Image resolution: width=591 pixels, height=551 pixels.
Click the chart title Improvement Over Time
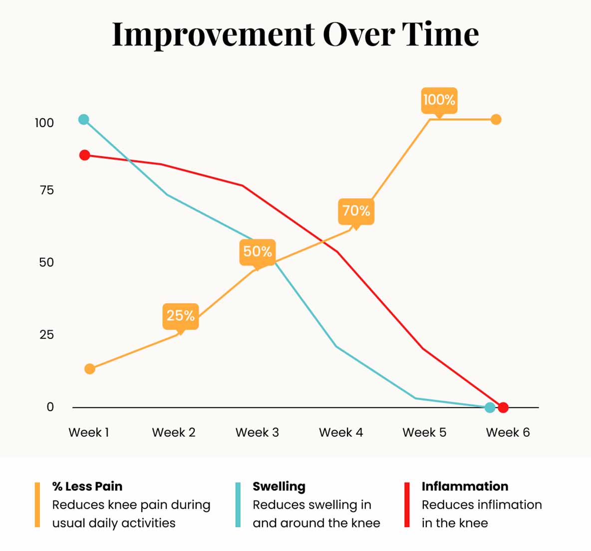pyautogui.click(x=295, y=34)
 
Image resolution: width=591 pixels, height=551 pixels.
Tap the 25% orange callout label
pyautogui.click(x=181, y=316)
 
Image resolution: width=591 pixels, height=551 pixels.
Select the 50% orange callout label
pyautogui.click(x=258, y=252)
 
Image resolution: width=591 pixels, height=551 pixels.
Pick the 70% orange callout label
pyautogui.click(x=356, y=211)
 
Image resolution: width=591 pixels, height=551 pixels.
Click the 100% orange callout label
pyautogui.click(x=439, y=100)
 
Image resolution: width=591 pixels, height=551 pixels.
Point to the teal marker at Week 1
pyautogui.click(x=84, y=119)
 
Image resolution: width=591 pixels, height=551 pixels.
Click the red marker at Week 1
pyautogui.click(x=85, y=155)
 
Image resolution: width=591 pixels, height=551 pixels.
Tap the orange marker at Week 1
pyautogui.click(x=90, y=369)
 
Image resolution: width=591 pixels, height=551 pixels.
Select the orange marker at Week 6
pyautogui.click(x=496, y=119)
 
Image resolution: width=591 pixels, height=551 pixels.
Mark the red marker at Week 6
pyautogui.click(x=503, y=408)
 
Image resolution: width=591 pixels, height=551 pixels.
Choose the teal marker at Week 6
pyautogui.click(x=490, y=408)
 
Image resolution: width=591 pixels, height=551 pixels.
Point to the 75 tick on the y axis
pyautogui.click(x=46, y=190)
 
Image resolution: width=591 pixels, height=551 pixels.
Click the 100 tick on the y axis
pyautogui.click(x=44, y=123)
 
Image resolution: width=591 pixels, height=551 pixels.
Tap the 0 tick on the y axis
pyautogui.click(x=50, y=407)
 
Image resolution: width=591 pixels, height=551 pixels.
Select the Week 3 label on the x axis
pyautogui.click(x=257, y=433)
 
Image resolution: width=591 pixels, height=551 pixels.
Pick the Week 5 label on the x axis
pyautogui.click(x=424, y=433)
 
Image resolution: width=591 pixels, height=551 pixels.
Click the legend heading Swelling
pyautogui.click(x=279, y=487)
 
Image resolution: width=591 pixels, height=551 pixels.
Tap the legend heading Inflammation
pyautogui.click(x=465, y=487)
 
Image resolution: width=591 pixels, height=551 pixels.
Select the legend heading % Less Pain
pyautogui.click(x=87, y=487)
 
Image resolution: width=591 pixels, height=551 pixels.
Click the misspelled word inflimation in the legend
pyautogui.click(x=514, y=505)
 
